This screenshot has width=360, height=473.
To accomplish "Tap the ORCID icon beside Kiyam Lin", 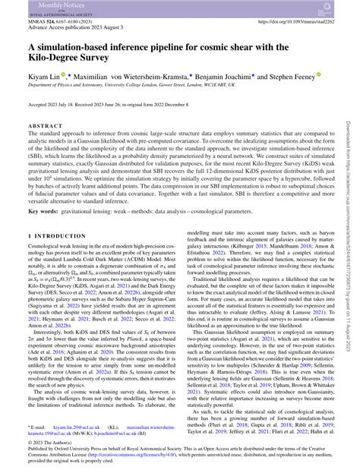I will (x=61, y=76).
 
